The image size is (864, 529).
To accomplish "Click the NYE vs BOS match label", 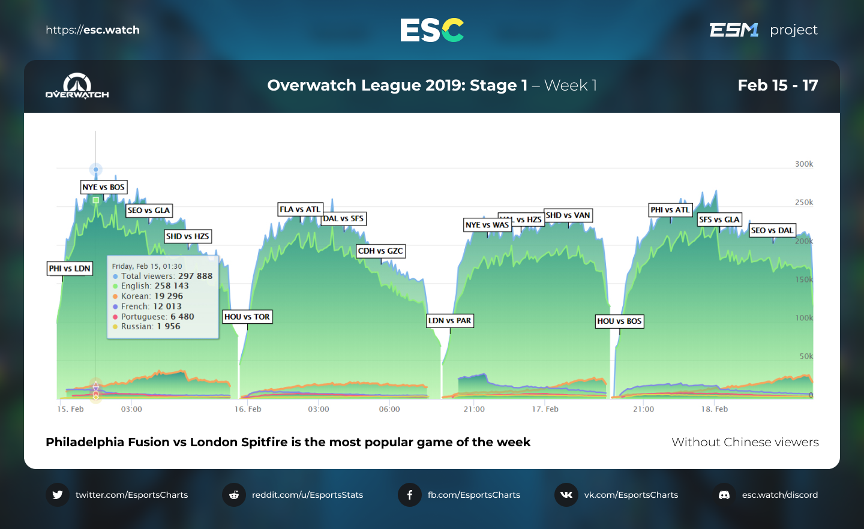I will click(x=104, y=187).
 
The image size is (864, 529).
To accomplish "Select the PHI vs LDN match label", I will click(x=70, y=268).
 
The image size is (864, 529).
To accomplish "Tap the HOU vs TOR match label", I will click(x=247, y=317).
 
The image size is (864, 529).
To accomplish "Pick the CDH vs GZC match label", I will click(x=381, y=251).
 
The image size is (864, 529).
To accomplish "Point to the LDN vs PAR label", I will click(x=450, y=320).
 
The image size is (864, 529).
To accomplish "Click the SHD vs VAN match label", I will click(x=568, y=215).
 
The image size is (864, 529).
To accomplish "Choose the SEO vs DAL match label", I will click(x=772, y=230).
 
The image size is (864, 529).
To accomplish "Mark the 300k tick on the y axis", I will click(x=804, y=164).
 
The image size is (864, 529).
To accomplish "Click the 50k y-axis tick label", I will click(x=806, y=356).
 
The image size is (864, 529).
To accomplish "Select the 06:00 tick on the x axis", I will click(x=389, y=409).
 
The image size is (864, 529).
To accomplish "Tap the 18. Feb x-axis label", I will click(x=715, y=409).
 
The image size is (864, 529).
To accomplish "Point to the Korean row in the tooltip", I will click(x=152, y=296).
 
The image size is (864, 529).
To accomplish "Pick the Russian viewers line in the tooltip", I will click(x=151, y=326).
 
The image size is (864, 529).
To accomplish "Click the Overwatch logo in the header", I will click(x=77, y=86).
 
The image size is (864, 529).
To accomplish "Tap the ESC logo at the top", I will click(x=432, y=30).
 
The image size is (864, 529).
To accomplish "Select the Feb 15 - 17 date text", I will click(x=778, y=85).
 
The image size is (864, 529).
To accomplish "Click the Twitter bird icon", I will click(x=58, y=495).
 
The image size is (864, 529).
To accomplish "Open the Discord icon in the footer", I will click(x=724, y=495).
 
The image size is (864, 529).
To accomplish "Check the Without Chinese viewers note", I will click(x=745, y=442).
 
